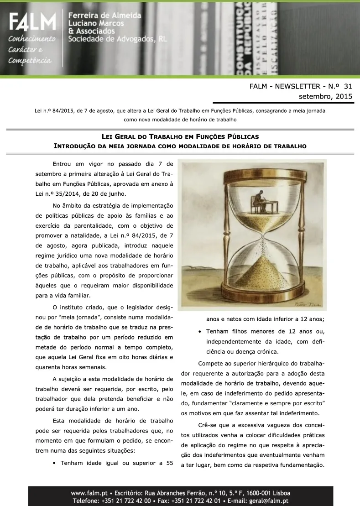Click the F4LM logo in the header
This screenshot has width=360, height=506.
pos(32,22)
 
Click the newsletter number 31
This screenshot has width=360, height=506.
pos(348,86)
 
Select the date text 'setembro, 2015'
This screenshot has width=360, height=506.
pos(325,96)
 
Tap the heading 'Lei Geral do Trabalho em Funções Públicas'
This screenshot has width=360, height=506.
pos(180,137)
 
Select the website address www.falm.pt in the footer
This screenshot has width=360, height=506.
pos(89,493)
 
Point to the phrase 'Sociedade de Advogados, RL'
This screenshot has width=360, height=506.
pos(117,39)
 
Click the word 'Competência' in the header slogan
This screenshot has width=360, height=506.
pos(30,61)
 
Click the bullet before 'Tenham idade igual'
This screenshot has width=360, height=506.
pos(55,463)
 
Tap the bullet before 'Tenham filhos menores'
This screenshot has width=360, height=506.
pos(200,332)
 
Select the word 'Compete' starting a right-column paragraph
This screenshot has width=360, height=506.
pos(211,364)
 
